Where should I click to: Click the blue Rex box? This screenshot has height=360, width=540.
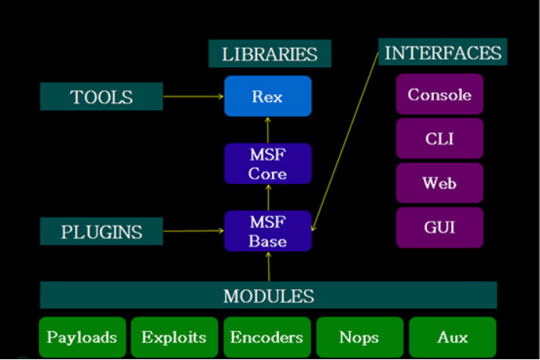pyautogui.click(x=267, y=97)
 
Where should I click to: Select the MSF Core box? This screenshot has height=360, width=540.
pyautogui.click(x=267, y=163)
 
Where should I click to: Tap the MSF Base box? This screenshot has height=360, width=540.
pyautogui.click(x=267, y=231)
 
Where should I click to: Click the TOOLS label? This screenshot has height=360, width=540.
pyautogui.click(x=101, y=97)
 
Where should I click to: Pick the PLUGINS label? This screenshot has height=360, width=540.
pyautogui.click(x=101, y=231)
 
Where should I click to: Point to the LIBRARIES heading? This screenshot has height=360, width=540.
pyautogui.click(x=270, y=54)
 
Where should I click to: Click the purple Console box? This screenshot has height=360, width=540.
pyautogui.click(x=439, y=95)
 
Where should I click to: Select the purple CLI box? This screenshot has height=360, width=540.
pyautogui.click(x=439, y=139)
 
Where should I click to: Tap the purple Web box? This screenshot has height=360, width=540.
pyautogui.click(x=439, y=184)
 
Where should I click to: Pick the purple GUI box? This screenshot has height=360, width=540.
pyautogui.click(x=439, y=228)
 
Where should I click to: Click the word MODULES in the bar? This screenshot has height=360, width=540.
pyautogui.click(x=269, y=296)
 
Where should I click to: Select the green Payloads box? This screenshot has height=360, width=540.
pyautogui.click(x=82, y=337)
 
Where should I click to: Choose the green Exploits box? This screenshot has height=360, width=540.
pyautogui.click(x=174, y=337)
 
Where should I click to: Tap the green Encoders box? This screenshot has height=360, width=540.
pyautogui.click(x=266, y=337)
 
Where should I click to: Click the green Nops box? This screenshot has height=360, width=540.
pyautogui.click(x=359, y=337)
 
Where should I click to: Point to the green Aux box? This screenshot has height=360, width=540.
pyautogui.click(x=452, y=337)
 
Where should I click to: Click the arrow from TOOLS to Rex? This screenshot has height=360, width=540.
pyautogui.click(x=193, y=97)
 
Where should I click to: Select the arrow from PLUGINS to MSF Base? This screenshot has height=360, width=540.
pyautogui.click(x=193, y=231)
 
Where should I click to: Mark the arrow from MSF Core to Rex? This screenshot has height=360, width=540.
pyautogui.click(x=267, y=130)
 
